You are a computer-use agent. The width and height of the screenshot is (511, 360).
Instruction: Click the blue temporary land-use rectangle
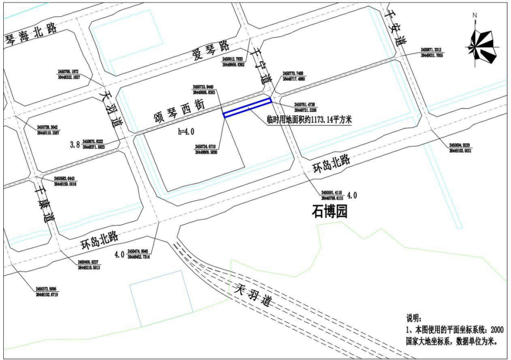(x=247, y=107)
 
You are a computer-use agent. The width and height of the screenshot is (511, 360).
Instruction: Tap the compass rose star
(x=484, y=47)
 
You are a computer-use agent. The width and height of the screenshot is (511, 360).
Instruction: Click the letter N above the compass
(x=475, y=16)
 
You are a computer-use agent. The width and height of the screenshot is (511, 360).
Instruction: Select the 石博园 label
(x=330, y=211)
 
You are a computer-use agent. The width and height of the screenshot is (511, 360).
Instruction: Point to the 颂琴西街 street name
(x=180, y=109)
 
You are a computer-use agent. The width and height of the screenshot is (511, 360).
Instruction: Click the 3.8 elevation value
(x=75, y=144)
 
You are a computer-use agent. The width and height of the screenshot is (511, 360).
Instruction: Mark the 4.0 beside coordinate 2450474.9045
(x=119, y=254)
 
